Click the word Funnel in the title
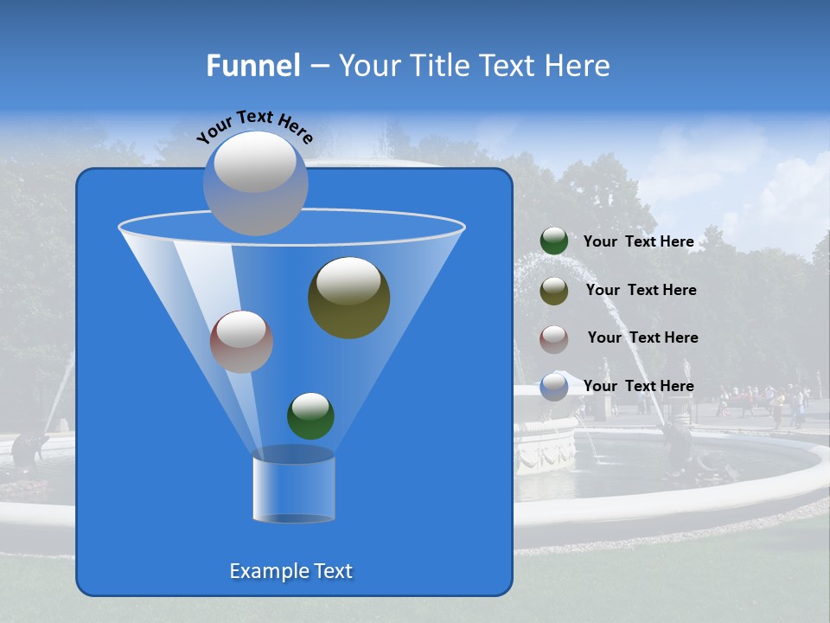point(252,66)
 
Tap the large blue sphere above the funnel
point(256,184)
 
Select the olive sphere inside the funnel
point(349,299)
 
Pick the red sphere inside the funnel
point(241,343)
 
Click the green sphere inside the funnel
point(310,415)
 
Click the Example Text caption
point(291,571)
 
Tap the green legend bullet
point(554,241)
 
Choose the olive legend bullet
point(554,291)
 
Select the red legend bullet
point(554,339)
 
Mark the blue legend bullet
point(554,387)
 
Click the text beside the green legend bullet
point(638,241)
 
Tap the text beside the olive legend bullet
point(641,290)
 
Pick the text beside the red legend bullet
point(642,337)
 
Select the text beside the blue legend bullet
point(638,386)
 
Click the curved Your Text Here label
point(255,125)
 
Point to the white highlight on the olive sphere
point(349,281)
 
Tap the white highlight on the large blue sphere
point(254,162)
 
